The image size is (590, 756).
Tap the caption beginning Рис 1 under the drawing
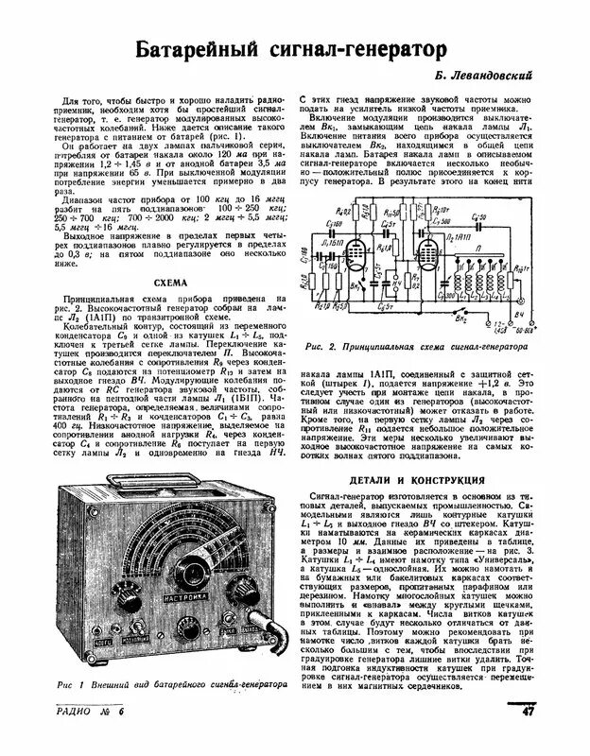coord(170,684)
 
